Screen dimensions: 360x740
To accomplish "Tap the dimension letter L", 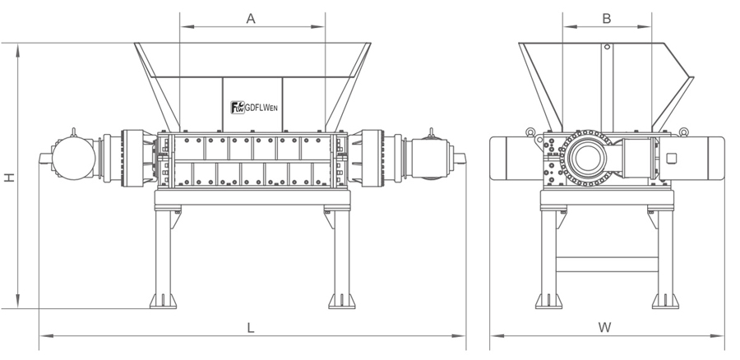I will click(251, 327).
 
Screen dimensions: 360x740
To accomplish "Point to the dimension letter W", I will click(605, 327).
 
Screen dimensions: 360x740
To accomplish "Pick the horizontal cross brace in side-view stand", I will click(607, 265).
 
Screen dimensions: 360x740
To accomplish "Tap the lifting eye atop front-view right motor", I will click(430, 132).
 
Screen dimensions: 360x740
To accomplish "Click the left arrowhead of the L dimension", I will click(43, 335).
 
